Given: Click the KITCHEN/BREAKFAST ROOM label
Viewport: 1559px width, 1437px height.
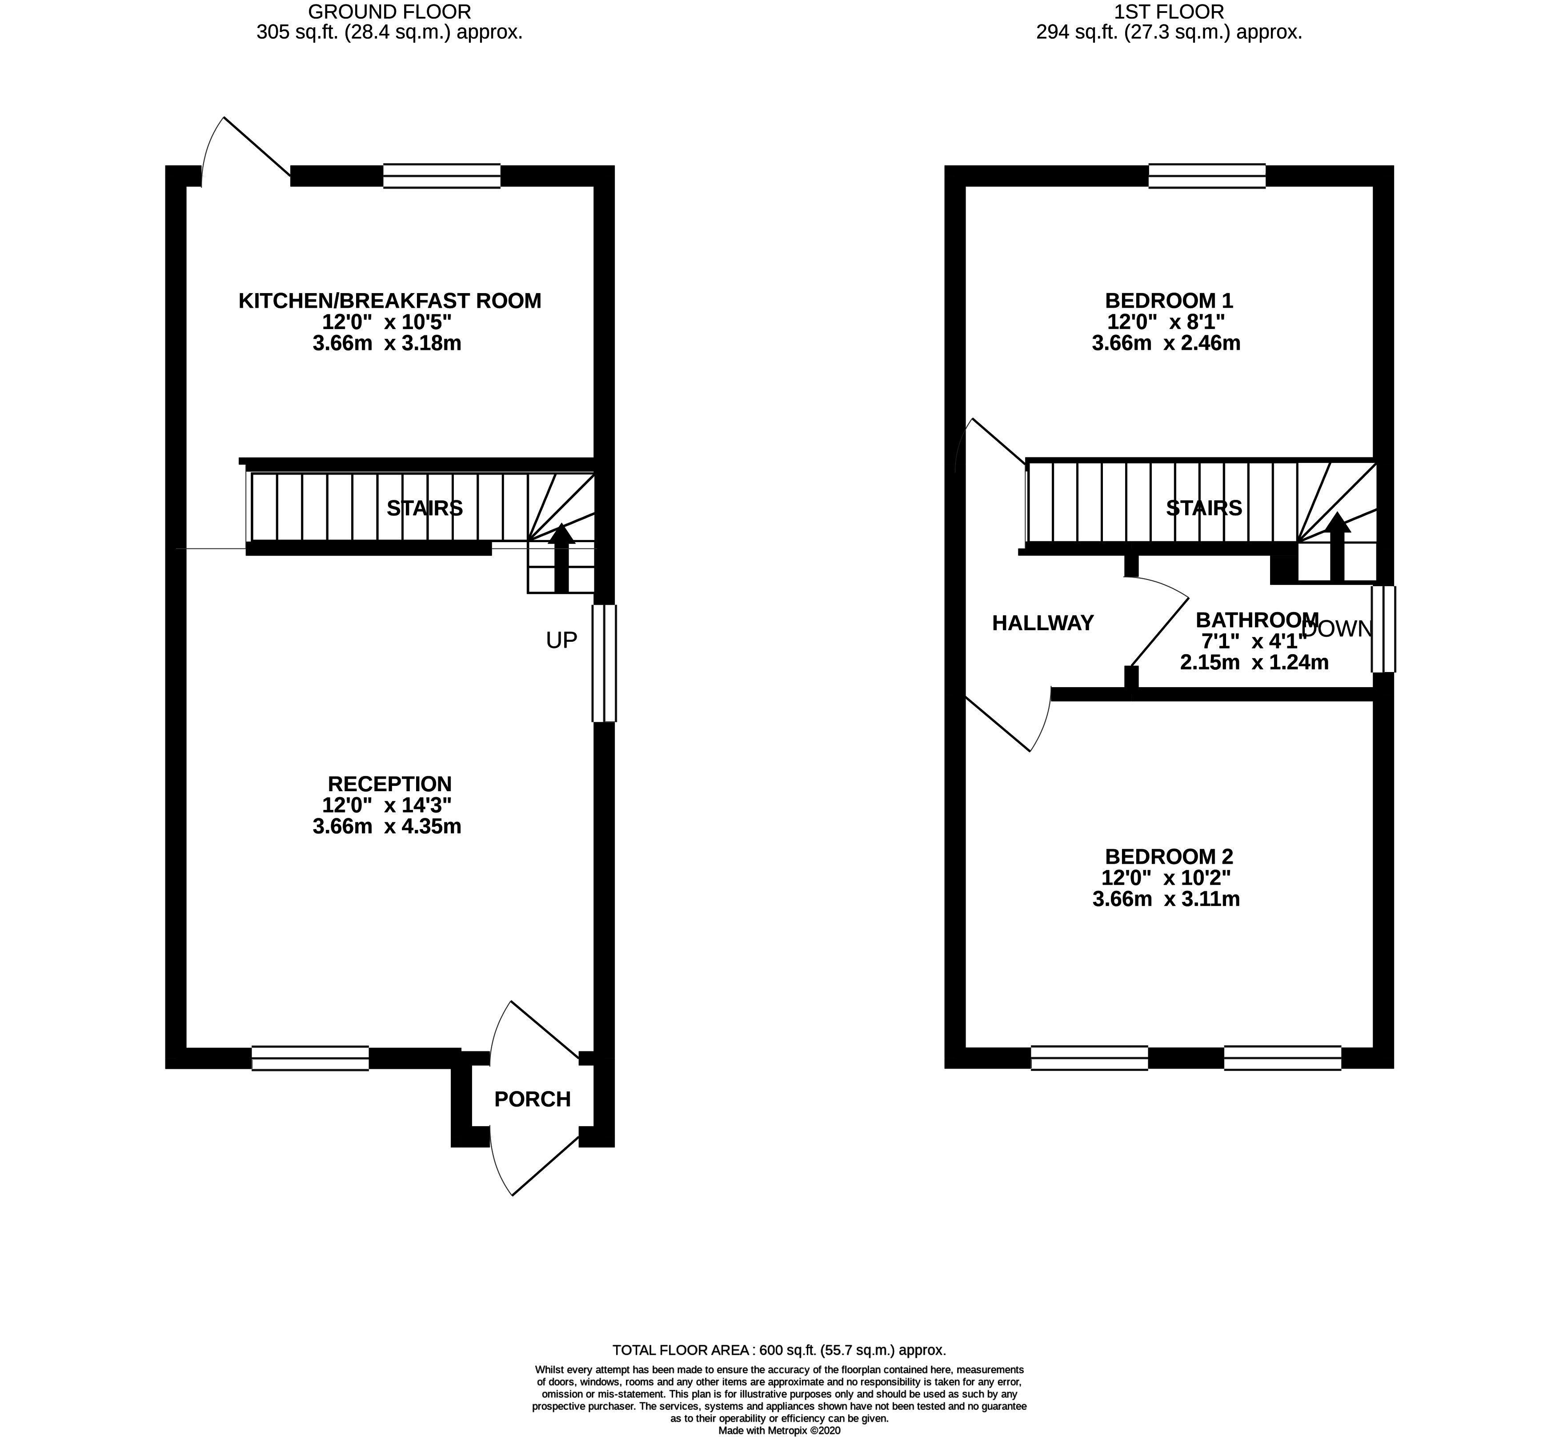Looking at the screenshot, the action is point(389,301).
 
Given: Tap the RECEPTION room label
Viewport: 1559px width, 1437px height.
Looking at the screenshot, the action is point(389,784).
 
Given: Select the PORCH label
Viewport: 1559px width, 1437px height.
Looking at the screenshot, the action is point(533,1099).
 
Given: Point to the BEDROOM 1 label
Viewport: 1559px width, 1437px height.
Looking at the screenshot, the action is point(1169,300).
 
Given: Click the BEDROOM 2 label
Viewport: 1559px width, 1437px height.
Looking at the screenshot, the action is point(1169,857).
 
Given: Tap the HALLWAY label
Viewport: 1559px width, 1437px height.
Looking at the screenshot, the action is point(1043,623).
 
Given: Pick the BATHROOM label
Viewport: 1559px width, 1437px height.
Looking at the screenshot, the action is point(1257,620).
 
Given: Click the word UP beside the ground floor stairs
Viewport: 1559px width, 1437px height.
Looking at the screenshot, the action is point(561,640).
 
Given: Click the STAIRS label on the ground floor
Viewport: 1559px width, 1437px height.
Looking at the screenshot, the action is point(425,508).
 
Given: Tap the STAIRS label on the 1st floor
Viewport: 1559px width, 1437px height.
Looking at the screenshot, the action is point(1204,508).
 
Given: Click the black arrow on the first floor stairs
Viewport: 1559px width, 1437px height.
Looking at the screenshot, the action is point(1337,547).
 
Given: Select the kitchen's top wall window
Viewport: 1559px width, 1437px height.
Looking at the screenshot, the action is point(441,176).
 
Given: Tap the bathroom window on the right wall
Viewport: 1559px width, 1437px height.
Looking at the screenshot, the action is point(1383,628).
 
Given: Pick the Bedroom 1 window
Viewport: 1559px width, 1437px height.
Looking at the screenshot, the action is point(1207,176).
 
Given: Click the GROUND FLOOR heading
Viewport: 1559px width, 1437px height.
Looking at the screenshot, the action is point(389,12).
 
